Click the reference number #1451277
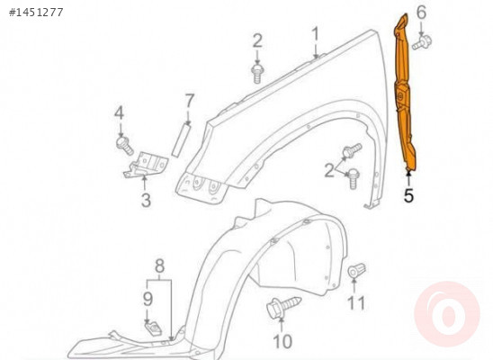(x=36, y=13)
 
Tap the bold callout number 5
(x=408, y=195)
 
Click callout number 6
(x=421, y=13)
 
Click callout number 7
(x=188, y=102)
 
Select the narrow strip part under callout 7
(x=182, y=140)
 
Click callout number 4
(x=119, y=113)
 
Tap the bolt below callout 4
(x=125, y=145)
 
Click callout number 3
(x=146, y=200)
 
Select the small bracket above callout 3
(x=146, y=165)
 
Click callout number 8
(x=160, y=266)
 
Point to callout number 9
(x=148, y=299)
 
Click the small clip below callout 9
(x=153, y=328)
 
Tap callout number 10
(x=282, y=341)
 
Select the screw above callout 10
(x=283, y=307)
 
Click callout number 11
(x=356, y=303)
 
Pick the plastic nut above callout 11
(x=356, y=270)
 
